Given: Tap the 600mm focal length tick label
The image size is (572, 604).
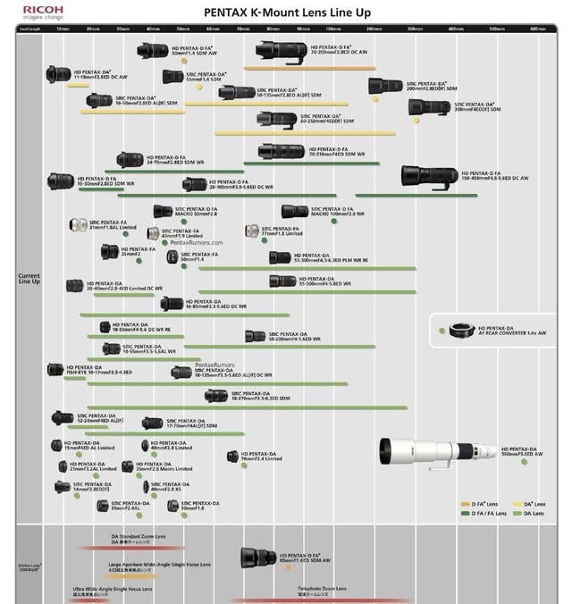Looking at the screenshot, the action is (537, 29).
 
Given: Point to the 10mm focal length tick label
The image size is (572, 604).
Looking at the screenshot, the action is (63, 29).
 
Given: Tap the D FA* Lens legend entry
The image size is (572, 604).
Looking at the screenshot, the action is (479, 505).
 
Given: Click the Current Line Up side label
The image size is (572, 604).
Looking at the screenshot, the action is (29, 279).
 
